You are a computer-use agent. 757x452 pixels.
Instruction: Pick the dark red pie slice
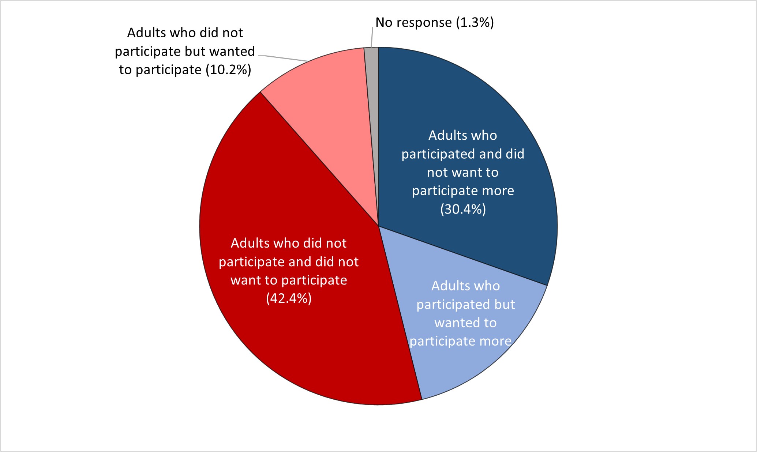click(x=293, y=347)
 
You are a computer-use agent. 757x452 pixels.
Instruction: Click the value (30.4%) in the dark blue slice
click(x=463, y=209)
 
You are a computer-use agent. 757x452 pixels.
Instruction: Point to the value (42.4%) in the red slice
click(x=289, y=298)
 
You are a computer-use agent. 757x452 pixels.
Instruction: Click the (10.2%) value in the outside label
click(x=228, y=69)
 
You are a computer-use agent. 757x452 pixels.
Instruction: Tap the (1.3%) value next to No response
click(x=475, y=22)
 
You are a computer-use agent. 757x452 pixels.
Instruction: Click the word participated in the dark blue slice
click(x=438, y=154)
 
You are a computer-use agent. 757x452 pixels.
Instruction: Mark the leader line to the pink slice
click(x=285, y=58)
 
